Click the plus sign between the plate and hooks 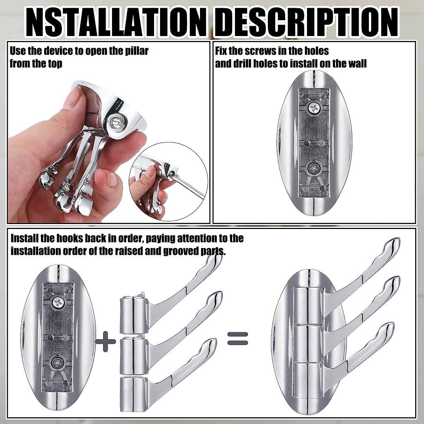(106, 342)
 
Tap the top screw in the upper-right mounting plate (312, 108)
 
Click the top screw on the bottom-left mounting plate (56, 301)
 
